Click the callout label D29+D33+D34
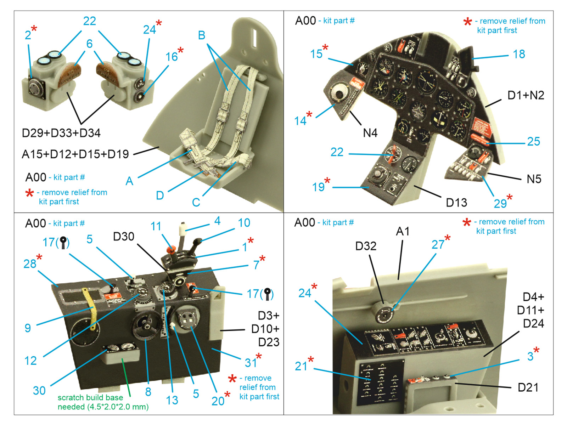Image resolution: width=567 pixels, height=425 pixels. (x=61, y=133)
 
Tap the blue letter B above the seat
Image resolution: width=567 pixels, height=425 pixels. (x=202, y=35)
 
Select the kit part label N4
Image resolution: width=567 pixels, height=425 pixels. (x=370, y=133)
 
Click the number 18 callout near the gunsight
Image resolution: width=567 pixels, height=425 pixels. (x=519, y=54)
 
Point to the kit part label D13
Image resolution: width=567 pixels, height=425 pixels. (x=456, y=203)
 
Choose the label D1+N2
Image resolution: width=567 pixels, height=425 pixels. (x=526, y=95)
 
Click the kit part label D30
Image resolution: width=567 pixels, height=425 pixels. (x=123, y=237)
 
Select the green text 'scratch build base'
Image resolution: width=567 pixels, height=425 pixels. (x=90, y=397)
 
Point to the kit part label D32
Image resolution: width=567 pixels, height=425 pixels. (x=366, y=246)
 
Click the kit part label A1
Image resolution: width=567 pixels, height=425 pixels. (x=403, y=232)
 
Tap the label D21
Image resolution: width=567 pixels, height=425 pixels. (x=528, y=387)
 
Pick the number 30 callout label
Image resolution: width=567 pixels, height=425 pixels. (x=39, y=391)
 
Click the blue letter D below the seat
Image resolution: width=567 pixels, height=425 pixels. (x=160, y=195)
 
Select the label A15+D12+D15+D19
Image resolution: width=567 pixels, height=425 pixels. (x=75, y=154)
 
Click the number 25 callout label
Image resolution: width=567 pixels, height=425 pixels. (x=533, y=142)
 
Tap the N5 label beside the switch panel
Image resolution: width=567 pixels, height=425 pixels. (x=534, y=179)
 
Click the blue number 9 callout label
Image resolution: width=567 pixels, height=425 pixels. (x=28, y=328)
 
